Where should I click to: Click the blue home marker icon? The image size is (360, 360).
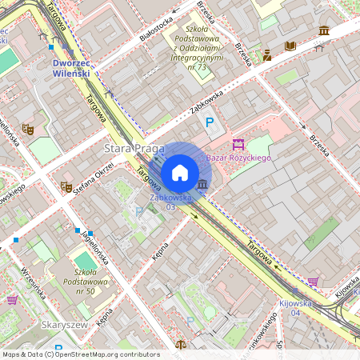point(180,172)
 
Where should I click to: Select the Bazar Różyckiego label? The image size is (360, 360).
point(239,158)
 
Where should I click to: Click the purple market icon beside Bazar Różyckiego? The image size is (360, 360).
point(237,144)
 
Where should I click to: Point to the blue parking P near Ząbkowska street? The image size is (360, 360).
point(210,122)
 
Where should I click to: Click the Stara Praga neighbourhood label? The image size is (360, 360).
point(134,149)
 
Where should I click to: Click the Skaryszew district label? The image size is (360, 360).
point(62,326)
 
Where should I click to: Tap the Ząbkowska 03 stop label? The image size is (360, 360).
point(170,201)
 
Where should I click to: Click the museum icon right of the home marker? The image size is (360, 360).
point(202,186)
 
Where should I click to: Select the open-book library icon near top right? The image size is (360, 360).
point(290,46)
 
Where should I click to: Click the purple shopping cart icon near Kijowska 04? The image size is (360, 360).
point(313,282)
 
